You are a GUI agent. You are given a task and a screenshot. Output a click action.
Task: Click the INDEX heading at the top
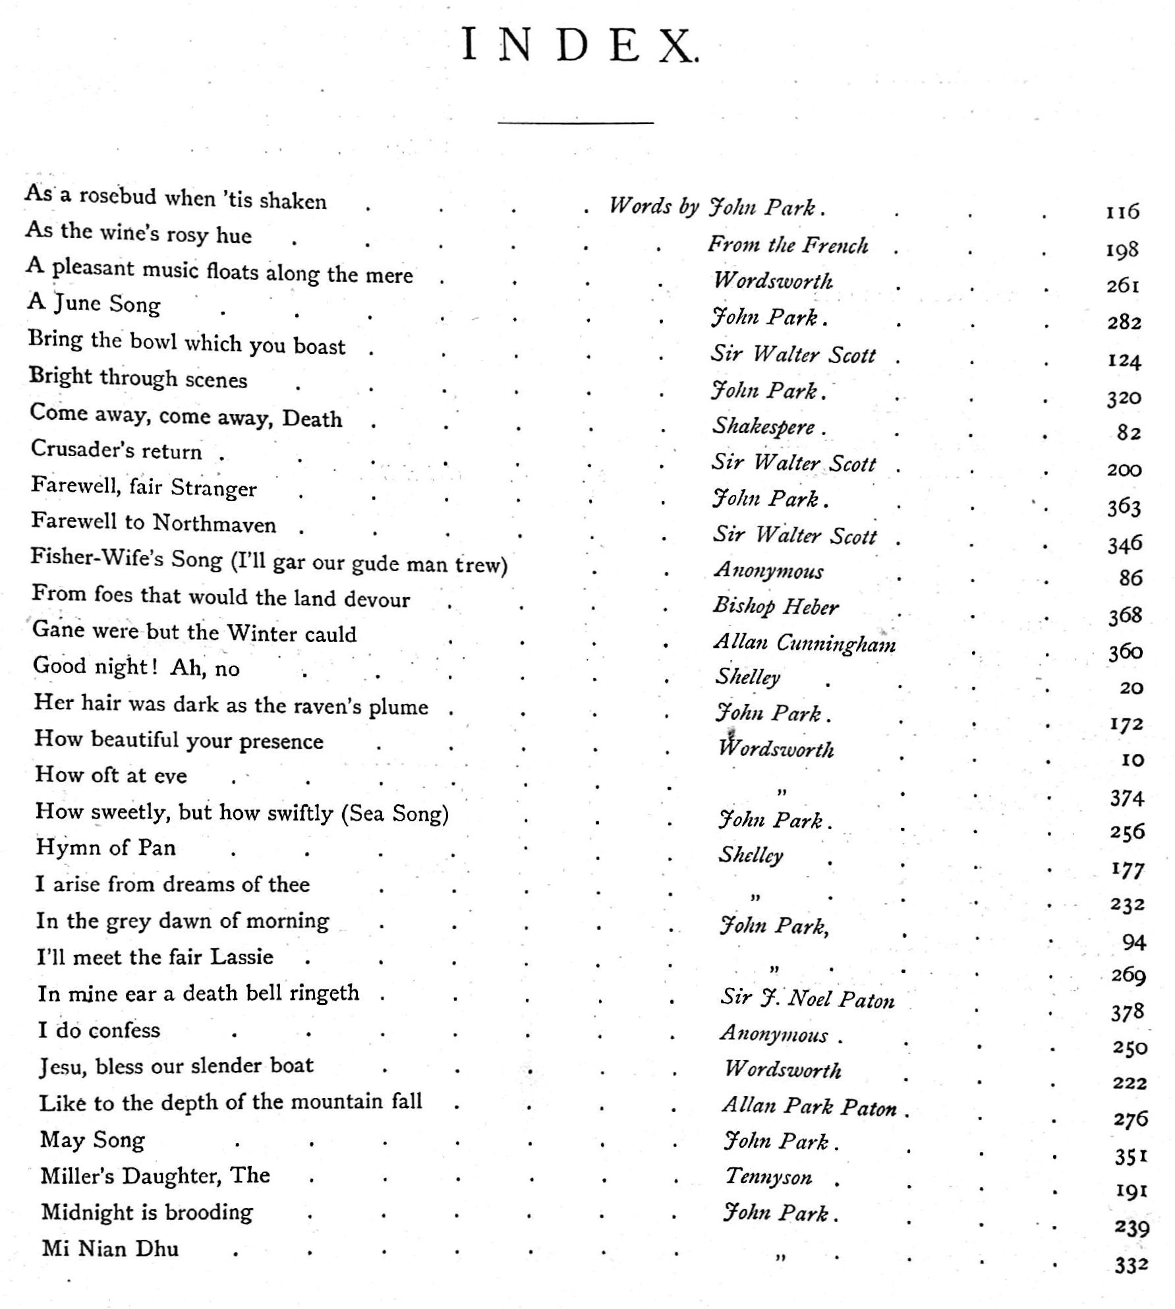click(578, 45)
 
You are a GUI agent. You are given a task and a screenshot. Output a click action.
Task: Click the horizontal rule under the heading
click(575, 123)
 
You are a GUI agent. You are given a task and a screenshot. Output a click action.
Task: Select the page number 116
click(1122, 212)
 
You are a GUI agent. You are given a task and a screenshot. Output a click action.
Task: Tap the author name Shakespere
click(764, 426)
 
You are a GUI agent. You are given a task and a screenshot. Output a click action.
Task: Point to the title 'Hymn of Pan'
click(105, 847)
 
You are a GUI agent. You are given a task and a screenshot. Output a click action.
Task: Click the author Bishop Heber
click(776, 606)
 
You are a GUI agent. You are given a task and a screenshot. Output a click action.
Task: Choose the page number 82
click(1128, 433)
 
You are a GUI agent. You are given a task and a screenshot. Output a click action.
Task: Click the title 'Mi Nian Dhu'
click(110, 1248)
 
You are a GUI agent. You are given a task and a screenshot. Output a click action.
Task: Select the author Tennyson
click(768, 1177)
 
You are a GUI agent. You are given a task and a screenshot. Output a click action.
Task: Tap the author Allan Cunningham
click(805, 643)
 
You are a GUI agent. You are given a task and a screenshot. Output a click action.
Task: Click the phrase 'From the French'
click(788, 245)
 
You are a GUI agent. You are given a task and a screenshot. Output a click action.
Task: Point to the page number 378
click(1128, 1012)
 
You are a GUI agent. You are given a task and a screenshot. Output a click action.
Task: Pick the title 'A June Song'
click(94, 303)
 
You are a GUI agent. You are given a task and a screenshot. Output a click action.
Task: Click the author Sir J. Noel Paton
click(807, 999)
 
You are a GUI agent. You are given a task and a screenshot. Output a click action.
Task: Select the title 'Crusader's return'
click(117, 450)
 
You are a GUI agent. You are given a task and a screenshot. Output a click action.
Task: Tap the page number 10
click(1132, 760)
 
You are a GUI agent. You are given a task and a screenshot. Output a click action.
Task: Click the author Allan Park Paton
click(809, 1106)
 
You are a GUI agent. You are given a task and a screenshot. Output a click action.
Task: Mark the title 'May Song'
click(92, 1139)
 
